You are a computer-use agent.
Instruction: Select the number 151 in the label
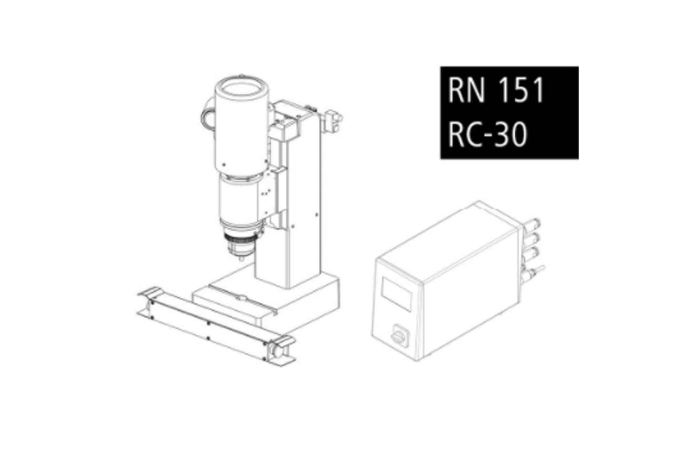521,90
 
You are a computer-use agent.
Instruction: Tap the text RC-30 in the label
487,135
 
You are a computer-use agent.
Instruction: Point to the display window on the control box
397,294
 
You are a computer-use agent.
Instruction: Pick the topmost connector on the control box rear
532,225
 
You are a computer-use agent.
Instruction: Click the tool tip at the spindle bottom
242,258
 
